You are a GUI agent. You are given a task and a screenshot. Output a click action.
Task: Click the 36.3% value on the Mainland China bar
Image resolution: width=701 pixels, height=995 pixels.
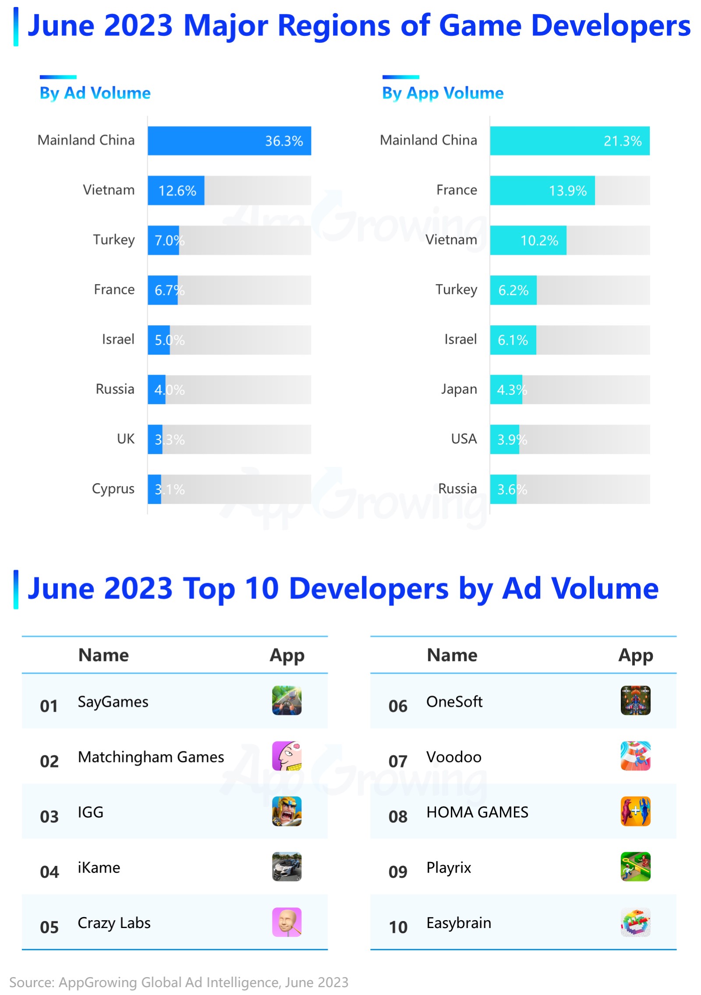tap(283, 141)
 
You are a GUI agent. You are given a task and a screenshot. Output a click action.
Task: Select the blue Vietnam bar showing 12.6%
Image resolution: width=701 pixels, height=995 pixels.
tap(176, 190)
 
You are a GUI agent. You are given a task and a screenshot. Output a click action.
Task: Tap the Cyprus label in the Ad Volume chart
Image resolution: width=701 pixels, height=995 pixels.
tap(113, 489)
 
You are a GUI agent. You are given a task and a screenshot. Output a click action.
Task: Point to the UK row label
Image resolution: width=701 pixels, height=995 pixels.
tap(125, 439)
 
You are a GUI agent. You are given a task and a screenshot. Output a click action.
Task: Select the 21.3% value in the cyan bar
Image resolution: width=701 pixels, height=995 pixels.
tap(622, 141)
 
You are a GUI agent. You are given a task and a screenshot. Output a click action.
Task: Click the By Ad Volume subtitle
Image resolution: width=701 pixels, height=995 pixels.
tap(95, 93)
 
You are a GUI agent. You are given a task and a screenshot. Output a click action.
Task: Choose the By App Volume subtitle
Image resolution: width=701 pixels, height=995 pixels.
tap(443, 93)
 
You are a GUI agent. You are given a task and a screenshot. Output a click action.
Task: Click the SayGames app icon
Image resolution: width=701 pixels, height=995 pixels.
tap(287, 700)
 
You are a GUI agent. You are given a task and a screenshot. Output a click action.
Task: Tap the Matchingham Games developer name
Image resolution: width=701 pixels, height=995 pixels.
tap(151, 757)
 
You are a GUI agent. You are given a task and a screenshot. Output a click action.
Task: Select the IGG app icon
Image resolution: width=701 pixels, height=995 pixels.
tap(287, 811)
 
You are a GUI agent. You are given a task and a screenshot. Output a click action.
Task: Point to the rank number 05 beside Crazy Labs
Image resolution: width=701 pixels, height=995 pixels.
tap(49, 927)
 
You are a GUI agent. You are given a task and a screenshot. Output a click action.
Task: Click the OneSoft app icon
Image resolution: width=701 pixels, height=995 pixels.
tap(635, 700)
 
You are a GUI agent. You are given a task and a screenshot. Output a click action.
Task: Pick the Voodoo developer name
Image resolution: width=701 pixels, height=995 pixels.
tap(453, 757)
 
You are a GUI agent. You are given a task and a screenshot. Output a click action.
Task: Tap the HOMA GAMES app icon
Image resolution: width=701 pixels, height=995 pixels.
tap(635, 811)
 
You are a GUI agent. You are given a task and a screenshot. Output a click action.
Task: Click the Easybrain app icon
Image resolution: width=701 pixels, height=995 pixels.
tap(635, 921)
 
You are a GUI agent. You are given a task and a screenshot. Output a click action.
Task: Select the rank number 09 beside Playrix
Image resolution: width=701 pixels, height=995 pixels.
tap(397, 872)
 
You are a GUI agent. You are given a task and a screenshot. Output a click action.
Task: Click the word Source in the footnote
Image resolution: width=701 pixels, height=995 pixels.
tap(31, 982)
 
